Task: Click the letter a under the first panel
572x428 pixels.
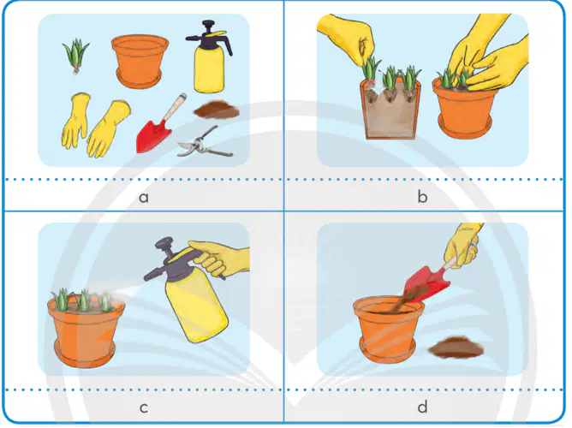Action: (x=144, y=197)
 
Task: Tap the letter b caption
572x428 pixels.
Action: (x=422, y=196)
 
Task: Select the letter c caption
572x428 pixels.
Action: (x=144, y=407)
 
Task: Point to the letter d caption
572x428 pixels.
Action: (x=422, y=406)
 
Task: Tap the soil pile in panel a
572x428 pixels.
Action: (x=216, y=110)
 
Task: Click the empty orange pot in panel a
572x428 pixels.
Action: (x=140, y=62)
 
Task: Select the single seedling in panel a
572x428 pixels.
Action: (x=76, y=56)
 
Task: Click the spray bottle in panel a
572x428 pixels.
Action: (x=209, y=57)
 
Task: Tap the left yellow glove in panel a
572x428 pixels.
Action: (x=75, y=120)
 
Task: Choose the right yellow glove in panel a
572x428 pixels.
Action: (x=108, y=129)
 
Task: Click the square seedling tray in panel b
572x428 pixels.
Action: (x=390, y=110)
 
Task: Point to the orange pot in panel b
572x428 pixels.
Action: (x=465, y=108)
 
